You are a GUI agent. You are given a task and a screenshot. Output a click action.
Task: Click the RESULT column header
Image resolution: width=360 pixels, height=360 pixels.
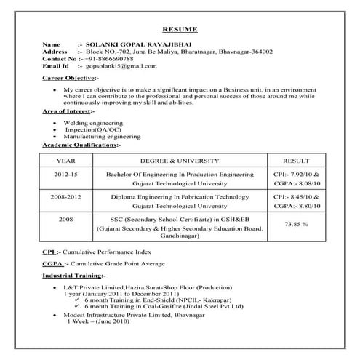(x=297, y=159)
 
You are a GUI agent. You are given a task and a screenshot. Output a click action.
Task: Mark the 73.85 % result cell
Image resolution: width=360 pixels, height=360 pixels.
(x=297, y=224)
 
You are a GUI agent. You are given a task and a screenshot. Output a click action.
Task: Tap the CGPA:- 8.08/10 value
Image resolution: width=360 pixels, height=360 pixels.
(x=297, y=185)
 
